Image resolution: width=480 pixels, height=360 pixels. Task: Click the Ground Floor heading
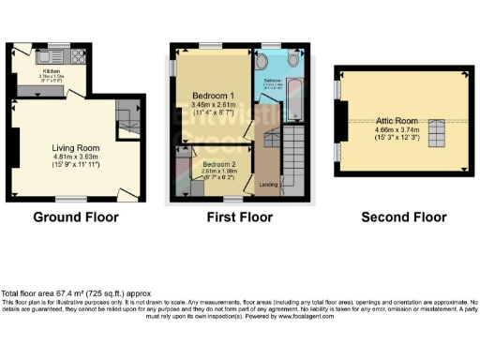tap(76, 217)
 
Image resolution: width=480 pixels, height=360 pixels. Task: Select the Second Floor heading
tap(404, 217)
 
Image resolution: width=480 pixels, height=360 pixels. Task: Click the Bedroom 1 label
tap(215, 97)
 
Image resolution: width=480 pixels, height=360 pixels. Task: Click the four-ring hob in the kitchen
tap(79, 55)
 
